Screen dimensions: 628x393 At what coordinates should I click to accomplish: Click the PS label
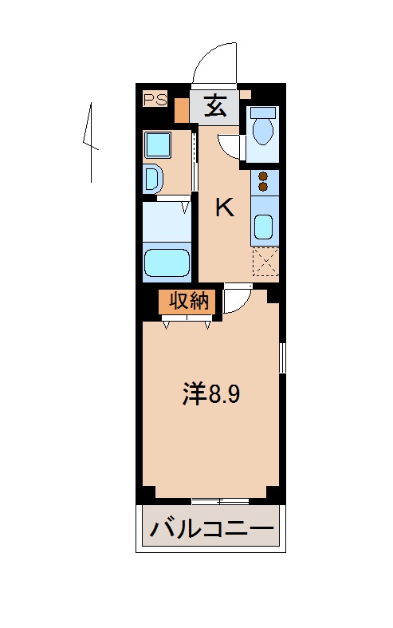coord(155,99)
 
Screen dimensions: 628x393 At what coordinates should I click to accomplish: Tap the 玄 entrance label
coord(214,105)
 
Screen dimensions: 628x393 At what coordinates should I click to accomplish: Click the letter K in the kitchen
coord(226,208)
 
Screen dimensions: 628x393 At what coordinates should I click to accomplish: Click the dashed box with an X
coord(264,261)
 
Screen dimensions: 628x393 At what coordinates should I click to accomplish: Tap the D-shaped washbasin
coord(152,179)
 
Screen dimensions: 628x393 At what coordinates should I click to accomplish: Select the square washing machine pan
coord(157,144)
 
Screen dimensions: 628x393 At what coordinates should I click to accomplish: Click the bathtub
coord(167,263)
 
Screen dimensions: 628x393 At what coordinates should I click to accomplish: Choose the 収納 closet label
coord(188,302)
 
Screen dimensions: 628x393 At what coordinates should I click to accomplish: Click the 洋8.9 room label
coord(211,394)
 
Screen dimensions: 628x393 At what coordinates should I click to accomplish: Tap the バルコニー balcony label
coord(211,528)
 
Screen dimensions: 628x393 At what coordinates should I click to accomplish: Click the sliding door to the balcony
coord(219,501)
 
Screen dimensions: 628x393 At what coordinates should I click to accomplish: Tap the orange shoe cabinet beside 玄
coord(183,109)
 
